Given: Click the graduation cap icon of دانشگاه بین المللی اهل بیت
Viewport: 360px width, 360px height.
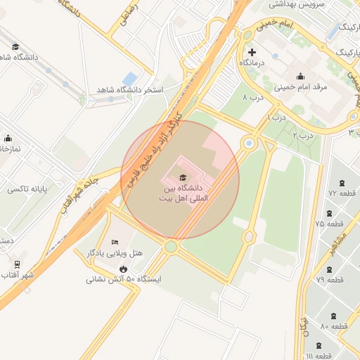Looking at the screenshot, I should tap(184, 177).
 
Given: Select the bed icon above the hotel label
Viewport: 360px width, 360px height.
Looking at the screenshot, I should tap(115, 243).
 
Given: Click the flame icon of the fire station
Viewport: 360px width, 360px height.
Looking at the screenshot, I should tap(123, 268).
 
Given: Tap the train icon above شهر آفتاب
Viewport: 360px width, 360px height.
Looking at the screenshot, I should tap(17, 264).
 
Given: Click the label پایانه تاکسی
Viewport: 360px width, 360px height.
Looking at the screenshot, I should tap(26, 190).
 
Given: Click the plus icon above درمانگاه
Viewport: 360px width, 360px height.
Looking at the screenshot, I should tap(252, 53).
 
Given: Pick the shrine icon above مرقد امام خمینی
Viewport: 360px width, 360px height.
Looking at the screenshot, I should tap(301, 77).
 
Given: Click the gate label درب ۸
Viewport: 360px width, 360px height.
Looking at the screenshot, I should tap(252, 96).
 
